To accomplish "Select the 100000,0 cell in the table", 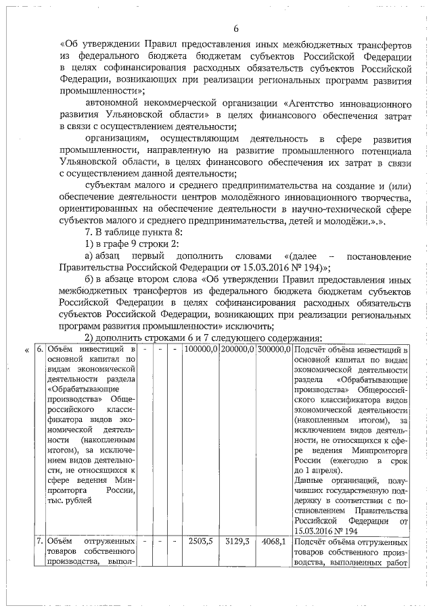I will (x=200, y=349).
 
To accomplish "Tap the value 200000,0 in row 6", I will (x=237, y=349).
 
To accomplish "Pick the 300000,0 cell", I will (x=273, y=349).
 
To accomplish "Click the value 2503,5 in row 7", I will (x=201, y=542).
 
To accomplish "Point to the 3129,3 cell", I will (x=237, y=542).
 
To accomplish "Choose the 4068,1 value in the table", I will (x=273, y=542).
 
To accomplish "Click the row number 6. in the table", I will (x=39, y=349).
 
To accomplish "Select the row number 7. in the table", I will (x=39, y=542).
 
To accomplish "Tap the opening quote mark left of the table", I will (x=26, y=350).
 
